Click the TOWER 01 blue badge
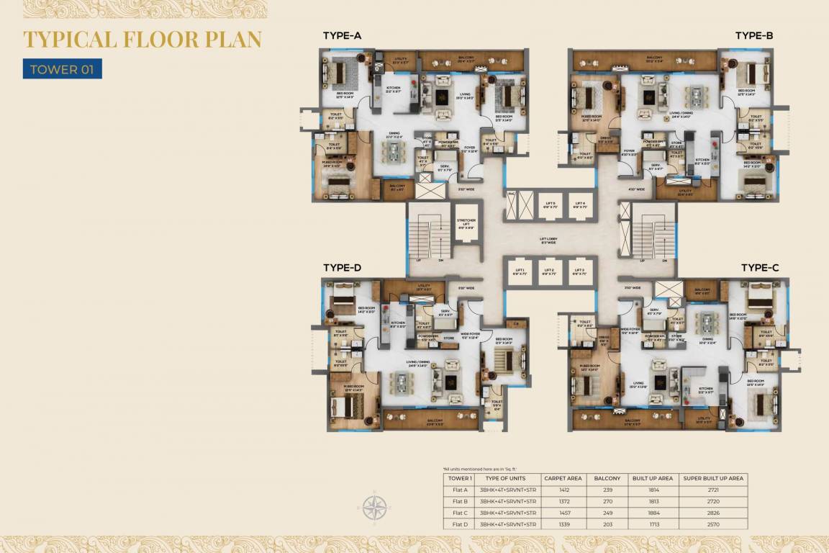[62, 68]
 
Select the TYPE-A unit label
[342, 35]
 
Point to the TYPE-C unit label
[760, 267]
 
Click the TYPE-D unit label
[342, 267]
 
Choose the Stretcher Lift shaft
[466, 227]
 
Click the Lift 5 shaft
[550, 205]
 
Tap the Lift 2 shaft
[550, 271]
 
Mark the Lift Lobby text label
[550, 239]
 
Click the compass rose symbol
[373, 508]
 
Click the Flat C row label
[460, 513]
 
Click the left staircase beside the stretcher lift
[428, 238]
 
